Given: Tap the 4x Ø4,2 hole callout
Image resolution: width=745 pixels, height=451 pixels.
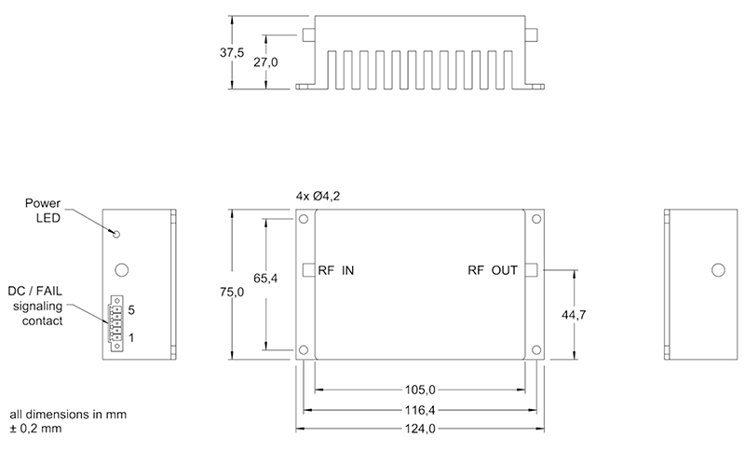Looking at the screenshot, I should tap(317, 197).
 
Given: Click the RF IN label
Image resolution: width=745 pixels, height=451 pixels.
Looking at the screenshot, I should tap(336, 271).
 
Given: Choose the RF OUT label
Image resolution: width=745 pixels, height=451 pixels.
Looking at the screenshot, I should tap(493, 271).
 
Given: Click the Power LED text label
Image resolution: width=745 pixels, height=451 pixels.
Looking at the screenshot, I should tap(41, 211).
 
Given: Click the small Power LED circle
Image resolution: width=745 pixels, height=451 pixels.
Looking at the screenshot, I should tap(115, 233).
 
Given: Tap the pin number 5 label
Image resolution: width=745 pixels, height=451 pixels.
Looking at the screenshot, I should tap(132, 308).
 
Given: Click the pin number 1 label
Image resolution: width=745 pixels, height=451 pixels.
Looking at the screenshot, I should tap(132, 336).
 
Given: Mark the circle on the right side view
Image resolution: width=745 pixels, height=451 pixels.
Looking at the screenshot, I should tap(717, 270).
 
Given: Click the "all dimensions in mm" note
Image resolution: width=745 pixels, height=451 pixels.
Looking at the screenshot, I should tap(68, 413).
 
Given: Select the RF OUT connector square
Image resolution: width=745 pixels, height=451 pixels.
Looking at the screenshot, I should tap(532, 270).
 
